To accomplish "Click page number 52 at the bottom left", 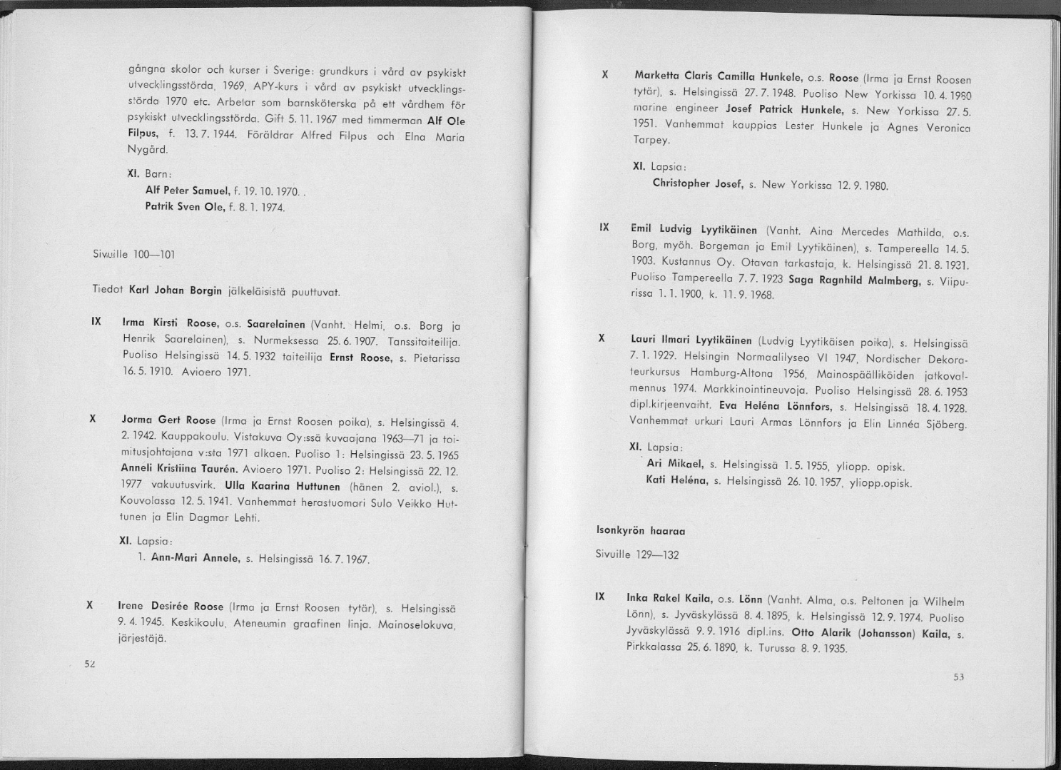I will point(90,663).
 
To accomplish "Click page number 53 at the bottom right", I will point(958,677).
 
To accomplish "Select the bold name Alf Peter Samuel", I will point(186,191).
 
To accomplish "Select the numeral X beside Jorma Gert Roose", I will point(93,420).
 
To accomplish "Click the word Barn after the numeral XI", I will point(155,174).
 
